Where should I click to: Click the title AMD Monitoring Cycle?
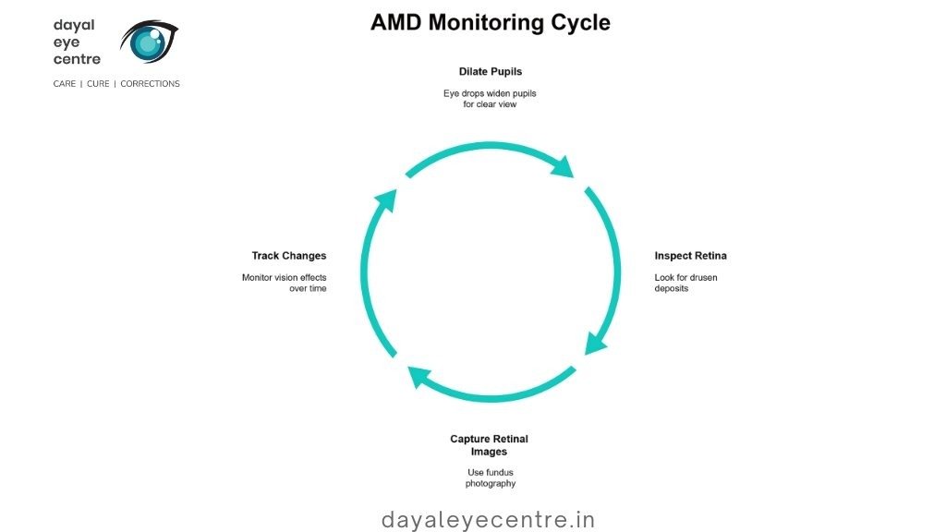(x=490, y=22)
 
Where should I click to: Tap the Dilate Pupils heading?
(x=490, y=71)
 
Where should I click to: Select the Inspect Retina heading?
(x=690, y=256)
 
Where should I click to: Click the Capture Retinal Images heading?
(x=489, y=445)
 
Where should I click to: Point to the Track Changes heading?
(x=289, y=256)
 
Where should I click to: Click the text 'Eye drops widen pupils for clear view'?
(x=490, y=99)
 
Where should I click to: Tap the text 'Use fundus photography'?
(x=490, y=478)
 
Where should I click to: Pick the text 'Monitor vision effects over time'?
(x=285, y=283)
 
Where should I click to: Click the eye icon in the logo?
(x=148, y=42)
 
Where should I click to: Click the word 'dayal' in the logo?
(x=74, y=25)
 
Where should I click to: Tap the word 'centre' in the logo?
(x=77, y=59)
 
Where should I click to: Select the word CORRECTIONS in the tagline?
(x=150, y=84)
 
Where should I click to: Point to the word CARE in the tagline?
(x=65, y=84)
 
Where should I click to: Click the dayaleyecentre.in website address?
(x=489, y=520)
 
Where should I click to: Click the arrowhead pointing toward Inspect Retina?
(x=563, y=166)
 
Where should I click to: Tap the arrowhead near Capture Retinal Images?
(x=420, y=376)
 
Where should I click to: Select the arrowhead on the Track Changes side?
(x=385, y=201)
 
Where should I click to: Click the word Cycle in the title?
(x=576, y=22)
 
